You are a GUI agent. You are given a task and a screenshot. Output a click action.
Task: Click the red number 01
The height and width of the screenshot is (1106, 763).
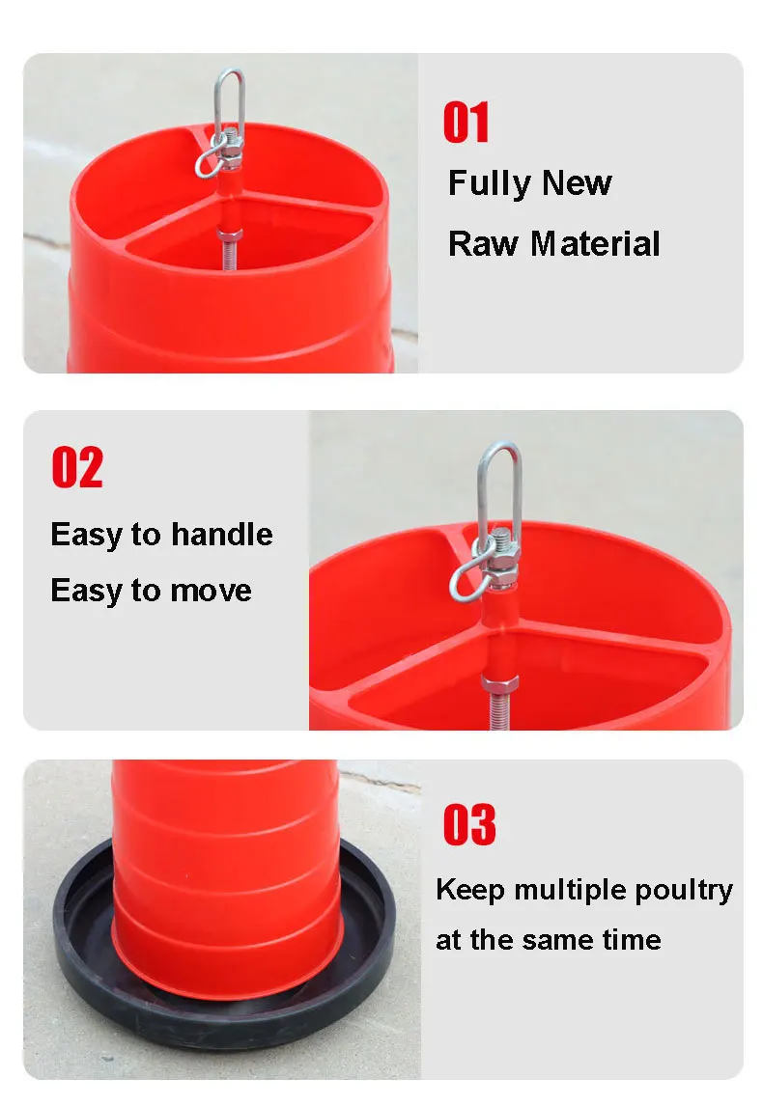466,122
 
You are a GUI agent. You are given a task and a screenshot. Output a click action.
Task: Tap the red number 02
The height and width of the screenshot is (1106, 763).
77,467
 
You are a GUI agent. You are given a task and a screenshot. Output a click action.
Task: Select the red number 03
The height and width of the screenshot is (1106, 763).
469,824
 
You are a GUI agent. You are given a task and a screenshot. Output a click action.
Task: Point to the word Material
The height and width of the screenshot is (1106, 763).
595,243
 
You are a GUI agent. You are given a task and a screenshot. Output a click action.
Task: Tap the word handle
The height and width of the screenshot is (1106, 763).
221,534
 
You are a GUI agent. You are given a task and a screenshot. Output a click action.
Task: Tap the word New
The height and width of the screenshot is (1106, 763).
577,182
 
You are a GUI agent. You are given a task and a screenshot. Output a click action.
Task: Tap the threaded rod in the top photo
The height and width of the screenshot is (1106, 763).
230,253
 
